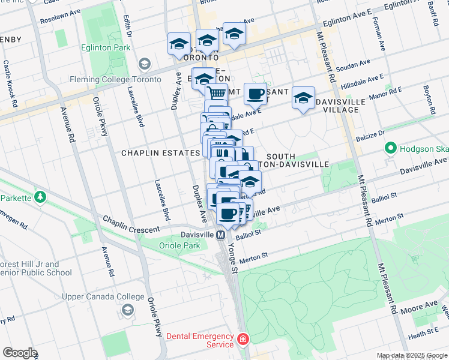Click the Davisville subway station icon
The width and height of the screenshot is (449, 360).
pyautogui.click(x=221, y=235)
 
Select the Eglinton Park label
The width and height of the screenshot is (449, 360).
pyautogui.click(x=105, y=48)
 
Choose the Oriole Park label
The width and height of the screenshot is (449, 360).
pyautogui.click(x=179, y=245)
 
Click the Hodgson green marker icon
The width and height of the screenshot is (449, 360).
pyautogui.click(x=390, y=147)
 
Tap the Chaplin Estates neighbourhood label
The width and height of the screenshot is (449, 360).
pyautogui.click(x=160, y=153)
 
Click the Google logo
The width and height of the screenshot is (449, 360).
pyautogui.click(x=20, y=353)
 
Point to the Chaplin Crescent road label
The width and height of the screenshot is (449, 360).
pyautogui.click(x=131, y=224)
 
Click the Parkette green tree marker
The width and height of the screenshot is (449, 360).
pyautogui.click(x=40, y=196)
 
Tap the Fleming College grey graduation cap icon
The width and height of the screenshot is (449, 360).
pyautogui.click(x=144, y=64)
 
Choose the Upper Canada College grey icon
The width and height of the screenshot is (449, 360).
pyautogui.click(x=127, y=310)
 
